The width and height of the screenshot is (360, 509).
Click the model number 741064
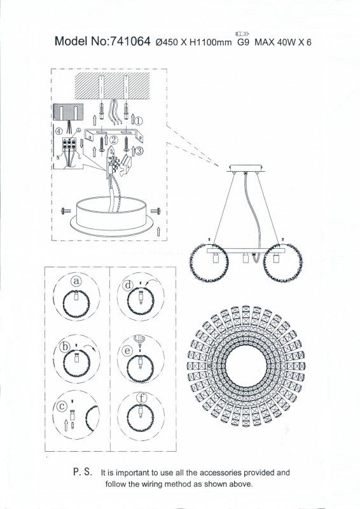coord(130,41)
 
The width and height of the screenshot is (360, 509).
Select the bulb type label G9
coord(244,42)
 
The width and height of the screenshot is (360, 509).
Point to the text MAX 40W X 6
coord(283,42)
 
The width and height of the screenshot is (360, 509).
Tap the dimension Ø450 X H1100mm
coord(194,42)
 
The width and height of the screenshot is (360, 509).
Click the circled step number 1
coord(139,122)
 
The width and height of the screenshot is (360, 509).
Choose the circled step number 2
coord(113,140)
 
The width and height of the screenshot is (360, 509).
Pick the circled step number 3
coord(139,151)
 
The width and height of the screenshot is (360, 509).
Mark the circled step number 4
coord(59,132)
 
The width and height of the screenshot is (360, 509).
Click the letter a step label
coord(76,281)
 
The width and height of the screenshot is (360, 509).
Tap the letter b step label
coord(65,347)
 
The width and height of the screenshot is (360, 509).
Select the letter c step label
coord(62,406)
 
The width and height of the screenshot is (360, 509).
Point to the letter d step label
coord(128,285)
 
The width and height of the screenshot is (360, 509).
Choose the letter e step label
coord(128,351)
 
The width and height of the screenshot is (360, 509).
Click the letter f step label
coord(142,398)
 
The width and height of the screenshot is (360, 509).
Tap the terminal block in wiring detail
coord(69,144)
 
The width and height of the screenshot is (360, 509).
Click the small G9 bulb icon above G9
coord(242,33)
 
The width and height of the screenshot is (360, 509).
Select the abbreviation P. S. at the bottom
coord(83,471)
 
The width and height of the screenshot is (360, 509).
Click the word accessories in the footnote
coord(221,473)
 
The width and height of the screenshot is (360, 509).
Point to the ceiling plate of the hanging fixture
coord(246,168)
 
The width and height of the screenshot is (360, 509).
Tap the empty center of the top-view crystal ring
coord(246,366)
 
